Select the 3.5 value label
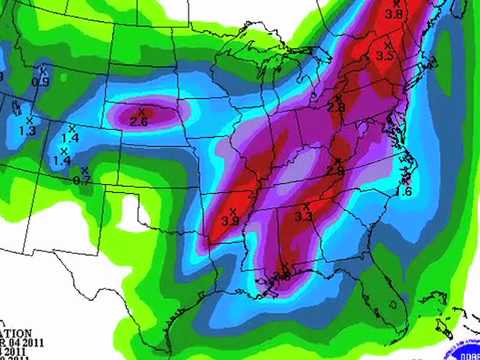pyautogui.click(x=385, y=57)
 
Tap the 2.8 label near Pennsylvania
pyautogui.click(x=336, y=107)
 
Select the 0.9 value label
pyautogui.click(x=41, y=81)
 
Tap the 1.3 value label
pyautogui.click(x=27, y=131)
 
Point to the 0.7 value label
pyautogui.click(x=82, y=181)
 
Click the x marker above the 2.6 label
pyautogui.click(x=141, y=110)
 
